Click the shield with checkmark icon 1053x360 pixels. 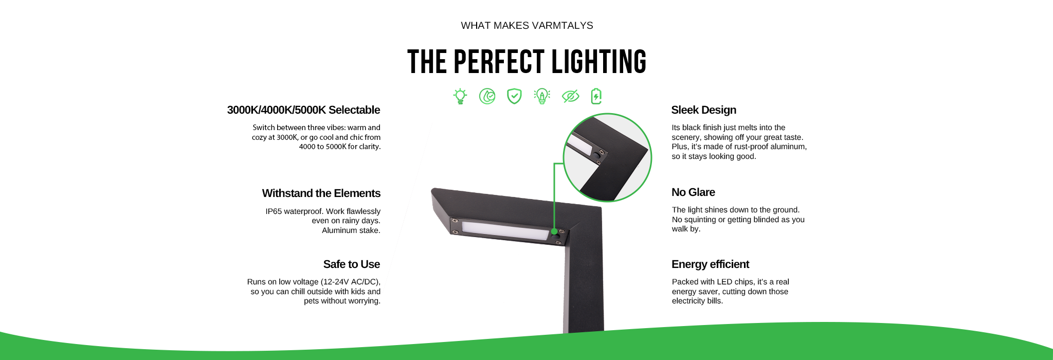coord(514,96)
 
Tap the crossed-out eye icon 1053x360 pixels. coord(570,96)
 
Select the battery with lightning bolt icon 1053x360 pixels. coord(596,96)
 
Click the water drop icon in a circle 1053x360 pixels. coord(487,96)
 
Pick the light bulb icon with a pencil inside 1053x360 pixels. coord(542,96)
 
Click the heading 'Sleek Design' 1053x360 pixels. coord(703,110)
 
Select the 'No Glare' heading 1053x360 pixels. coord(693,192)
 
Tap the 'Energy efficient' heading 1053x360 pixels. coord(710,264)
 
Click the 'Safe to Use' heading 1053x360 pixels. coord(352,264)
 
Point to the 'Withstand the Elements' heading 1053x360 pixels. coord(321,193)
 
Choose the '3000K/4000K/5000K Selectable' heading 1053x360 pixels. coord(303,110)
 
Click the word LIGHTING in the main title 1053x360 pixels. coord(599,62)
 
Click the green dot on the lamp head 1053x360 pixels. coord(554,231)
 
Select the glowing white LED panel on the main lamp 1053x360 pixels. coord(505,230)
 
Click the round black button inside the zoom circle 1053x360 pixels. coord(596,154)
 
